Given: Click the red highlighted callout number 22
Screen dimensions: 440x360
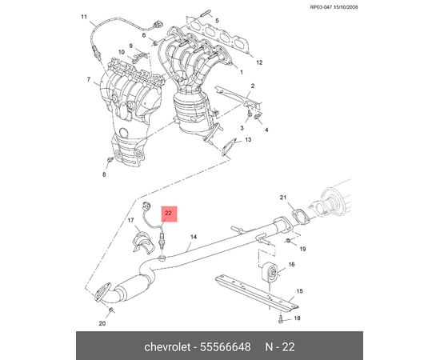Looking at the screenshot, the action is [x=168, y=214].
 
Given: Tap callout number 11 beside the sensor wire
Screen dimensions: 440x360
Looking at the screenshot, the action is [x=84, y=17].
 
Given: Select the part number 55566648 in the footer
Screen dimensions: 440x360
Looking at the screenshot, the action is [x=225, y=347].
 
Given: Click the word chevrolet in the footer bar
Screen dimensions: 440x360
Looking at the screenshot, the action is [x=167, y=347].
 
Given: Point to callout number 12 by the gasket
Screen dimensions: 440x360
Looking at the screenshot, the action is [x=259, y=62].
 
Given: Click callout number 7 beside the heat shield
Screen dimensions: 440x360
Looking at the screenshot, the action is [x=89, y=79].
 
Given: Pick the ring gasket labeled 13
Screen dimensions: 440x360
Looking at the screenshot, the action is [x=227, y=147].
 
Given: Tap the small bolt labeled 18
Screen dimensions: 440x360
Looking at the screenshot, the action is [x=281, y=319].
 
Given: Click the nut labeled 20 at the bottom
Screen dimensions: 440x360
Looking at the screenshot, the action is [x=111, y=310].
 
